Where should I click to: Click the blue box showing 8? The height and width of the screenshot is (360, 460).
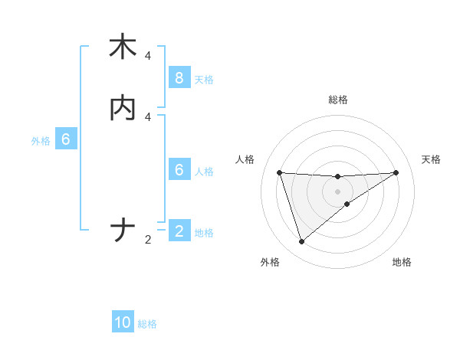click(x=179, y=78)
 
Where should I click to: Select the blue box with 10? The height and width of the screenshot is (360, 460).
click(x=123, y=323)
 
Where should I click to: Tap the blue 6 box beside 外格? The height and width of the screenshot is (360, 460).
click(x=65, y=140)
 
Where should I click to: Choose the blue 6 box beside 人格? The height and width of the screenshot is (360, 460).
click(x=179, y=170)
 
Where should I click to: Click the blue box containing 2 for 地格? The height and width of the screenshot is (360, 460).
click(x=179, y=231)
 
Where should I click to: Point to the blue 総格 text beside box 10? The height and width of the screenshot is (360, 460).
click(x=147, y=324)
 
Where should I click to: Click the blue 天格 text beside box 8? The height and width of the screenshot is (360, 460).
click(x=204, y=79)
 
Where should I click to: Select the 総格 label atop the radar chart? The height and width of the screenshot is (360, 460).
click(x=337, y=100)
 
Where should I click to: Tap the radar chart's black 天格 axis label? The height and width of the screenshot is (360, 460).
click(x=431, y=159)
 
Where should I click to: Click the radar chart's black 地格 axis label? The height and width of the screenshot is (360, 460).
click(x=402, y=263)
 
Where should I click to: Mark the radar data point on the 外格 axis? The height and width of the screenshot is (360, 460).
click(x=301, y=242)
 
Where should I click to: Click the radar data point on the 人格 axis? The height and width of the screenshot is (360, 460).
click(x=279, y=172)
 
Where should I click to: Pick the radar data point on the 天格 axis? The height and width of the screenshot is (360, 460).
click(x=396, y=172)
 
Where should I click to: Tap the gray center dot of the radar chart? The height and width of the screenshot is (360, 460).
click(x=337, y=191)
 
